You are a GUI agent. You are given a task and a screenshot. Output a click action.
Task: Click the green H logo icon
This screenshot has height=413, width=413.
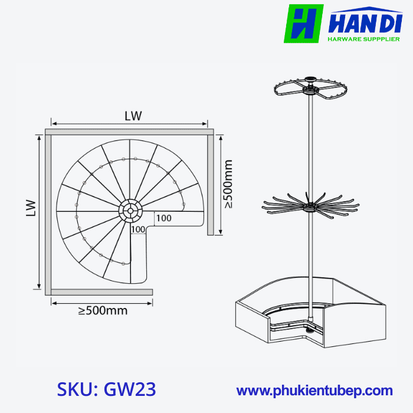[x=303, y=24]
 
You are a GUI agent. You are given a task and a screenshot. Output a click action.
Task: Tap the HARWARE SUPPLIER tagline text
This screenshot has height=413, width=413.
[x=363, y=40]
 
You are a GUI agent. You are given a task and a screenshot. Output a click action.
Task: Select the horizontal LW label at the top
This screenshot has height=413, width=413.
[x=133, y=116]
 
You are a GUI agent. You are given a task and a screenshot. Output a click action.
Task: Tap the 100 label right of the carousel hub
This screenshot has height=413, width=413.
[x=164, y=218]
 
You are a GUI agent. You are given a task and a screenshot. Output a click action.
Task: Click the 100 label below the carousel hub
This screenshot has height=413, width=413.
[x=138, y=229]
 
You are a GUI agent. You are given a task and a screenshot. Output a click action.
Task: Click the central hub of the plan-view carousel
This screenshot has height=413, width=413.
[x=130, y=209]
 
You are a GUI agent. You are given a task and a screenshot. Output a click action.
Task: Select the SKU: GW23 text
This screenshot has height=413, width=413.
[x=107, y=389]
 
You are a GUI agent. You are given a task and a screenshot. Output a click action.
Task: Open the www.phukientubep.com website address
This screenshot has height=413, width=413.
[x=314, y=390]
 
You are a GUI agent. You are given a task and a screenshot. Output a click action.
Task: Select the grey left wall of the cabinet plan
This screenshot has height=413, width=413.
[x=48, y=212]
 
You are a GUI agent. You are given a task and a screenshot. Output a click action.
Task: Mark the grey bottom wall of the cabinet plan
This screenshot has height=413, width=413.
[x=100, y=291]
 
